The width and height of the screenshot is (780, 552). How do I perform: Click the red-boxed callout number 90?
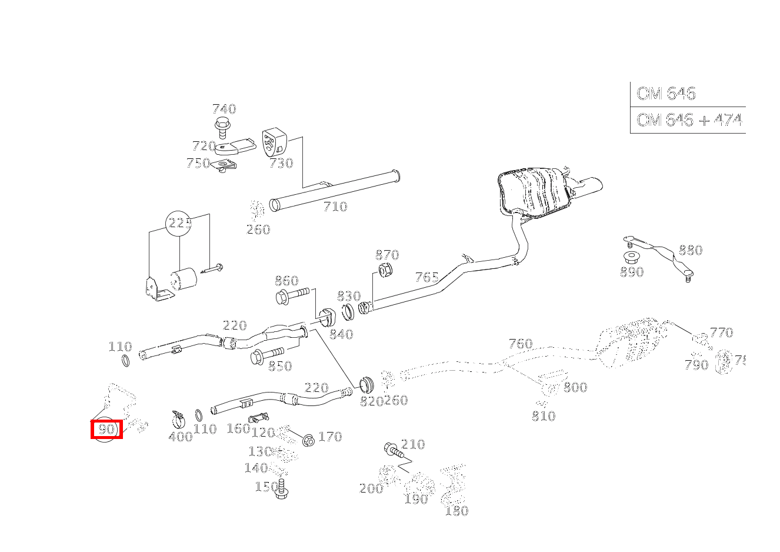coord(106,430)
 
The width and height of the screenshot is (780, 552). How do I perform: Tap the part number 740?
coord(224,109)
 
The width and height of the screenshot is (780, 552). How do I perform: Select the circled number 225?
coord(180,224)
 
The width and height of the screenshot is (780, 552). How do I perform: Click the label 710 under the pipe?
coord(335,207)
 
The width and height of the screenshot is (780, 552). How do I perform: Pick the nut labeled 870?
coord(385,271)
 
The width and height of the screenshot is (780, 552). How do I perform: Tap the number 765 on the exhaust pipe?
coord(427,277)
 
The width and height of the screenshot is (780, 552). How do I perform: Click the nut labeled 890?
coord(631,257)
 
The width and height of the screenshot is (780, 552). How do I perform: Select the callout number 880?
coord(690,250)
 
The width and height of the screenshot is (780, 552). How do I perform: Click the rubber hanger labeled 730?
coord(273,142)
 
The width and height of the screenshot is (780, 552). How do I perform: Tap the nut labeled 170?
coord(308,439)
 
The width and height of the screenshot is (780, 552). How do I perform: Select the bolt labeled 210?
coord(392,451)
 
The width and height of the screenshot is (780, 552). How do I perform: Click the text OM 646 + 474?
coord(689,120)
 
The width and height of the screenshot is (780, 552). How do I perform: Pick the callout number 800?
coord(575,387)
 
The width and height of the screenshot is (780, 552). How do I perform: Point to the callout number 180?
coord(456,511)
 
